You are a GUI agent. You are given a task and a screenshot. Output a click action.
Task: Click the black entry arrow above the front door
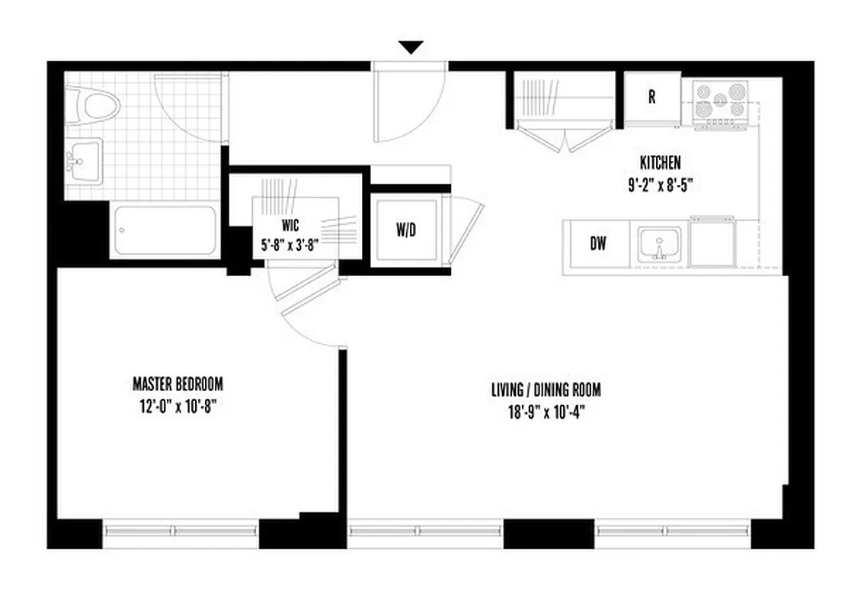point(411,47)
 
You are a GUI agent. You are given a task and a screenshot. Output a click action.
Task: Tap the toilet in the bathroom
point(95,104)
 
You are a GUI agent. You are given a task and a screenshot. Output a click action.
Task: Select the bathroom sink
point(83,161)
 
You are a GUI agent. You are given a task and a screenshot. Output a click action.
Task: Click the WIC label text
point(290,226)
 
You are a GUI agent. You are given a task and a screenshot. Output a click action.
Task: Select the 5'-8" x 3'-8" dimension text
point(290,246)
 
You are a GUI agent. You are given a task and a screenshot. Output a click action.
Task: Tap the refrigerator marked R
point(651,97)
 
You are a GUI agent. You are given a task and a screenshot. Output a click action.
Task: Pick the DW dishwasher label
point(598,245)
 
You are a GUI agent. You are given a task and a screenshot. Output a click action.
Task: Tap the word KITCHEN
point(660,162)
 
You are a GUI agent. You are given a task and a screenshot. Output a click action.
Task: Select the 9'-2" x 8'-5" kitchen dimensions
point(660,184)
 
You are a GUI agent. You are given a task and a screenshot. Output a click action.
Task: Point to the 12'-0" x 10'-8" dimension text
point(178,406)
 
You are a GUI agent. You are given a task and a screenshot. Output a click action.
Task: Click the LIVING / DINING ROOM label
point(546,390)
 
